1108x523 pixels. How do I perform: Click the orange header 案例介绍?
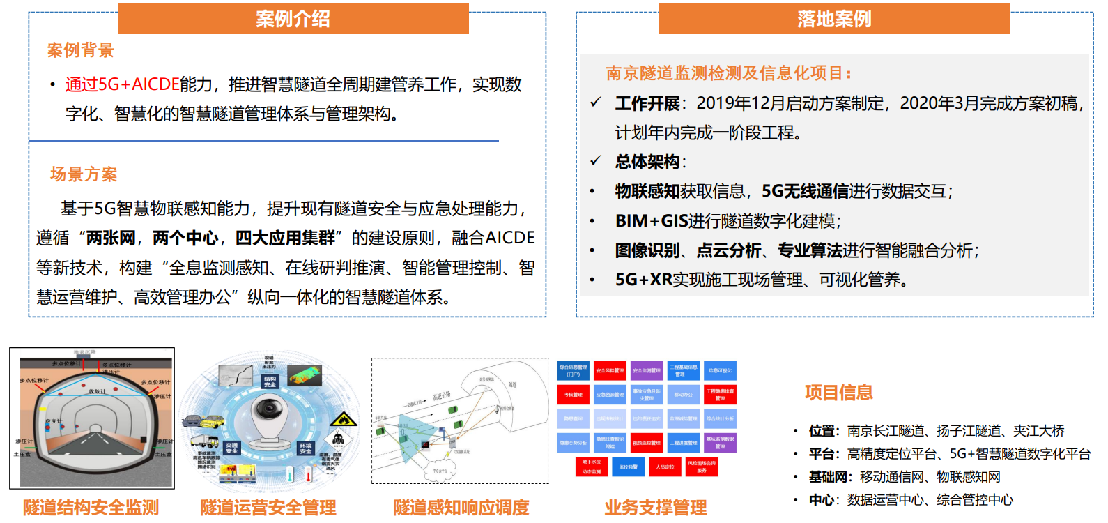click(293, 19)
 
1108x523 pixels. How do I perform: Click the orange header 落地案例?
click(834, 19)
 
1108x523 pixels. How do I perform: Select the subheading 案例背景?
click(80, 50)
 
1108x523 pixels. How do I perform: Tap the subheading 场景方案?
click(84, 174)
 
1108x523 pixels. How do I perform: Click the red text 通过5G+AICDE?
click(122, 84)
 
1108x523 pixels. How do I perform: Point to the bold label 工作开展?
click(647, 104)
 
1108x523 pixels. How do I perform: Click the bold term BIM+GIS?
click(651, 221)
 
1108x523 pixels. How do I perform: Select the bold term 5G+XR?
click(643, 280)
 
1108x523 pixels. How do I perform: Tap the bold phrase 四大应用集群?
click(285, 238)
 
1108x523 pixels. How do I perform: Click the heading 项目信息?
click(838, 393)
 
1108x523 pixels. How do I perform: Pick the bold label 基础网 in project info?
click(828, 477)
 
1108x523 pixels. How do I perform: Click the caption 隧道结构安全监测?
click(91, 508)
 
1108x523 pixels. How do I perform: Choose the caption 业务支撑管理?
click(655, 508)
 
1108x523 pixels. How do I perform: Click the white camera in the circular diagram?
click(268, 417)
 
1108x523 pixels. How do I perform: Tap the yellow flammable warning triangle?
click(342, 419)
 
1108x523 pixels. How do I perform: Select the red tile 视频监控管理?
click(646, 443)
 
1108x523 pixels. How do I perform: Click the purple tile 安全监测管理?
click(646, 371)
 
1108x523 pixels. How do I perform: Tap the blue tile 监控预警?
click(628, 467)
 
